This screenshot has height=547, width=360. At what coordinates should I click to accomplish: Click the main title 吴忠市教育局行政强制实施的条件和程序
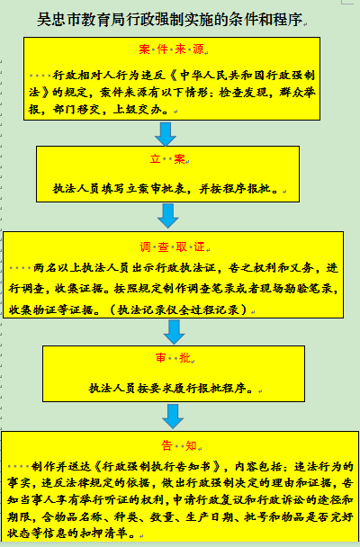click(x=169, y=20)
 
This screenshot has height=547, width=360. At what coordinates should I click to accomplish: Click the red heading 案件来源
click(x=171, y=49)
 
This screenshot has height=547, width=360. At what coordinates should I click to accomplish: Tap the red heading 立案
click(x=167, y=159)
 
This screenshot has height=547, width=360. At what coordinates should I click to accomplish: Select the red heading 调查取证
click(x=172, y=247)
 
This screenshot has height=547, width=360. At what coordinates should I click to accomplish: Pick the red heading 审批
click(x=173, y=358)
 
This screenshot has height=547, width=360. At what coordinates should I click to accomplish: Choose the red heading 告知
click(x=179, y=445)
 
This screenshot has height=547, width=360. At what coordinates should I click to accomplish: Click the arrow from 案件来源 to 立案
click(x=166, y=134)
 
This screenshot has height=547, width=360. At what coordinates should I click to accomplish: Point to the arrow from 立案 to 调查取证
click(x=168, y=216)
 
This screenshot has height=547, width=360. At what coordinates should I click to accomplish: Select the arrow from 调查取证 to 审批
click(x=174, y=332)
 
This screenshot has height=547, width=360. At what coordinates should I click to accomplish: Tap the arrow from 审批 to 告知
click(x=173, y=417)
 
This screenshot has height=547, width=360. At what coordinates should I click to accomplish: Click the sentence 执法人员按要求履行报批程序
click(x=167, y=389)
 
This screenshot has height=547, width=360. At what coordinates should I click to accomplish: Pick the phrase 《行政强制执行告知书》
click(x=157, y=466)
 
